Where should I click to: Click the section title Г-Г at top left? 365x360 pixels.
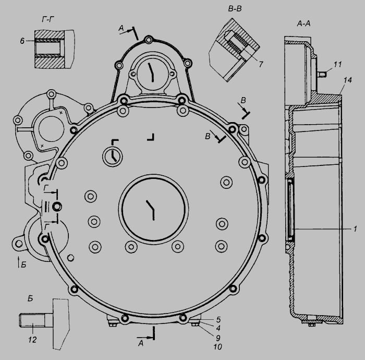coord(48,19)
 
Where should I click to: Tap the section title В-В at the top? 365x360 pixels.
coord(235,9)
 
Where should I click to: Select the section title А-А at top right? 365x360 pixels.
coord(304,23)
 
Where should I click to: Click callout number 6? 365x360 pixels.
coord(22,41)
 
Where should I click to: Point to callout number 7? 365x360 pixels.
coord(261,64)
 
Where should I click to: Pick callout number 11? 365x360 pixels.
coord(337,64)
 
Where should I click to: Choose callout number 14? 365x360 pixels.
coord(348,80)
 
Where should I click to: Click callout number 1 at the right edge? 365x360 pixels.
coord(355,229)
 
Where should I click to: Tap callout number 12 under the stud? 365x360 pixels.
coord(32,340)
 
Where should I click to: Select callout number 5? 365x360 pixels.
coord(218,319)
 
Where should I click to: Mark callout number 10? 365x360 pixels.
coord(217,347)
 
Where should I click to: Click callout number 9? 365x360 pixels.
coord(218,338)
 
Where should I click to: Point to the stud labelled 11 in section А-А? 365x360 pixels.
coord(322,74)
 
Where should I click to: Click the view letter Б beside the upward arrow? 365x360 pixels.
coord(23,265)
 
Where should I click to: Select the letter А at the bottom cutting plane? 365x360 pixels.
coord(141,343)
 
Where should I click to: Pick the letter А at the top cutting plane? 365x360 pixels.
coord(121,28)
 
